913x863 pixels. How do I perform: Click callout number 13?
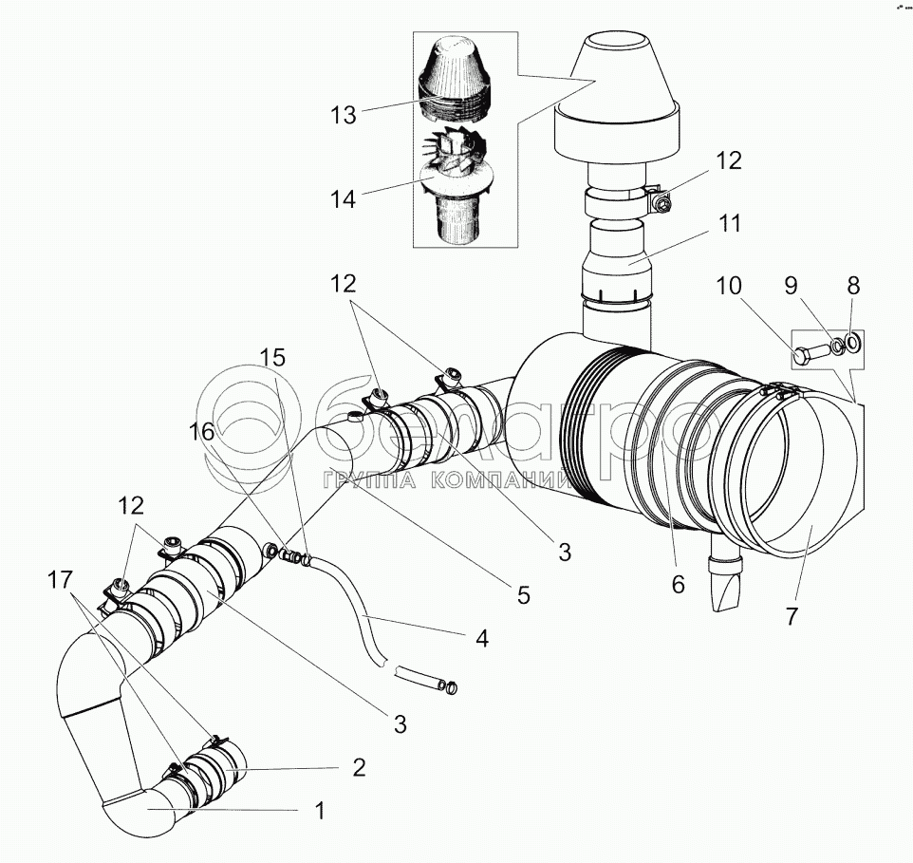pos(344,115)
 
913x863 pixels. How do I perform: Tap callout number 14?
pos(343,199)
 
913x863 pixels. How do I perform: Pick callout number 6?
pos(678,585)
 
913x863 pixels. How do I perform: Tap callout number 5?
pos(523,595)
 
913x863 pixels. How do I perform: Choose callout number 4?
pos(481,638)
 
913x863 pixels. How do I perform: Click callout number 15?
pos(272,358)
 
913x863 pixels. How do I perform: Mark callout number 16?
pos(201,431)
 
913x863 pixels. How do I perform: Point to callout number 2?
pos(359,767)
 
